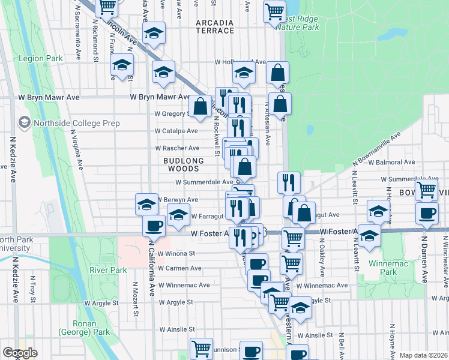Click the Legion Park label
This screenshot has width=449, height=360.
(x=41, y=59)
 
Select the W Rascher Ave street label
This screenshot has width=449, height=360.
(x=177, y=148)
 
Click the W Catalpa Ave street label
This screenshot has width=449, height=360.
(x=176, y=131)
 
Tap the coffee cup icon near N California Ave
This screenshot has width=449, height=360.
(x=154, y=226)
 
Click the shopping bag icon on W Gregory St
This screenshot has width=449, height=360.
(x=200, y=107)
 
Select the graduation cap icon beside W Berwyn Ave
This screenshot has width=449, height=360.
(x=146, y=205)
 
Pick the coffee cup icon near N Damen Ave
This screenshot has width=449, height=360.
(x=427, y=214)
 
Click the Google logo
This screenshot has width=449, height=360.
(x=20, y=353)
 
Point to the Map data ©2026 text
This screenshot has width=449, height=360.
(x=423, y=355)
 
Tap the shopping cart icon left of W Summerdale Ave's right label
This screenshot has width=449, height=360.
(x=426, y=189)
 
